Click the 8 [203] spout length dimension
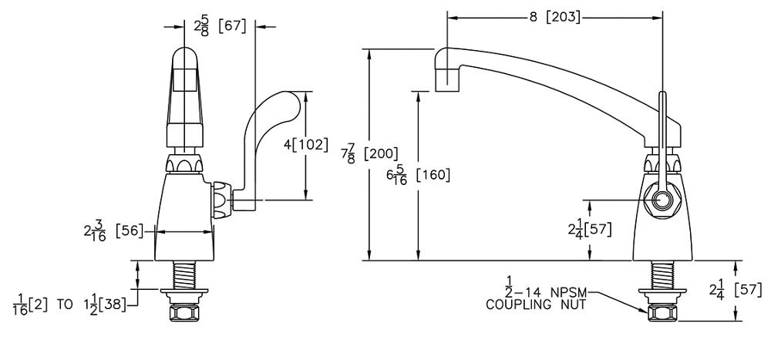554,18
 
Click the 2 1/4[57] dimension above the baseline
588,230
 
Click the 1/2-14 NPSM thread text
540,293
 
